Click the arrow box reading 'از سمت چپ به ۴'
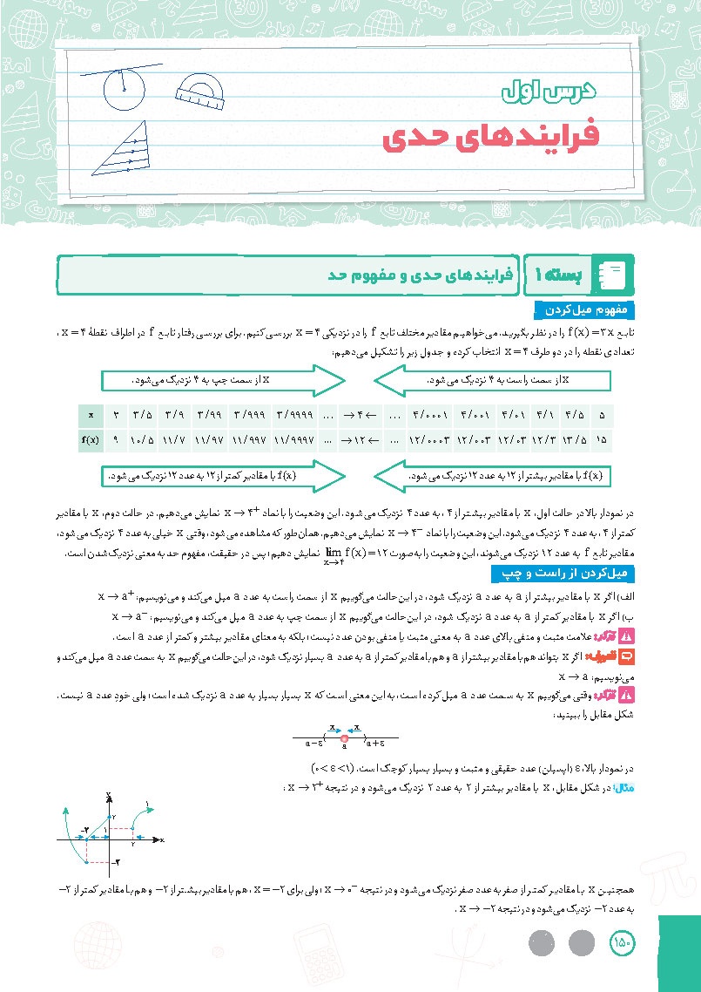click(x=222, y=381)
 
